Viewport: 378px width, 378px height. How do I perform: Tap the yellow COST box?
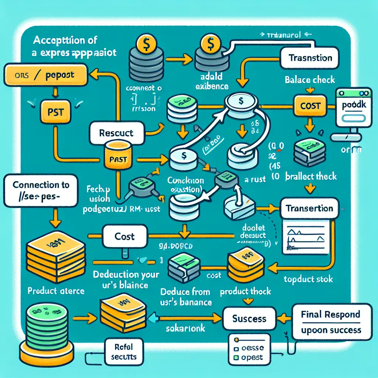[x=310, y=106]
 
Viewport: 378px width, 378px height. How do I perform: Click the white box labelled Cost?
[x=124, y=236]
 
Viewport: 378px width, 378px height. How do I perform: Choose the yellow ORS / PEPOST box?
[x=45, y=75]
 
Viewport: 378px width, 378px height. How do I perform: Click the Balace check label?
[x=310, y=80]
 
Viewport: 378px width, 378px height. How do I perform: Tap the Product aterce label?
[x=56, y=291]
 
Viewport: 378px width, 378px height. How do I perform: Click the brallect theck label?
[x=311, y=176]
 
